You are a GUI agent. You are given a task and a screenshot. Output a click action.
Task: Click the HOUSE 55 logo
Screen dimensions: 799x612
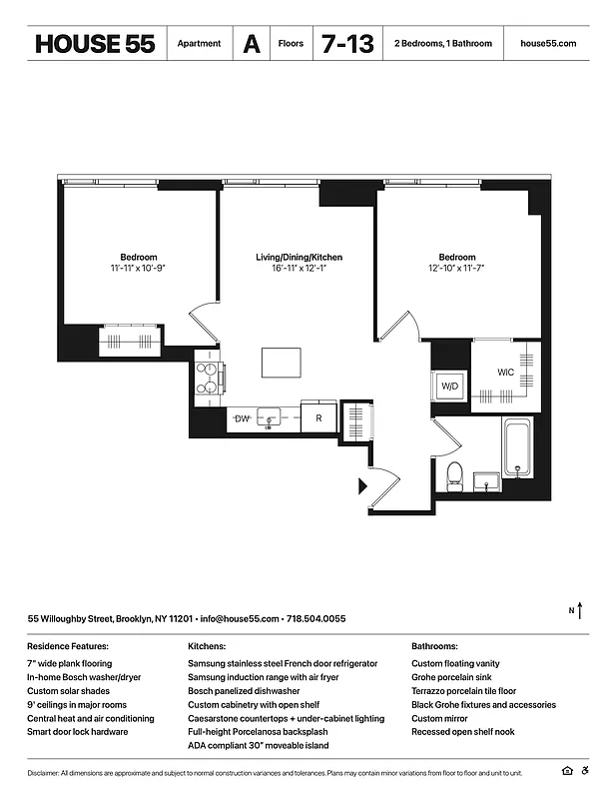(x=95, y=44)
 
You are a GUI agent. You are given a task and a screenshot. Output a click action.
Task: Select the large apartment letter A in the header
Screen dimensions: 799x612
(x=252, y=44)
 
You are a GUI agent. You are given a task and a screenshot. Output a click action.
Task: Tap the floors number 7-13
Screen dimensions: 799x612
(x=347, y=44)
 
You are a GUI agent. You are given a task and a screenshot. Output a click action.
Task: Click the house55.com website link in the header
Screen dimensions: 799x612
(x=548, y=44)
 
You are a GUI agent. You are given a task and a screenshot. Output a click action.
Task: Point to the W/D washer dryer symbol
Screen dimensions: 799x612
(x=449, y=387)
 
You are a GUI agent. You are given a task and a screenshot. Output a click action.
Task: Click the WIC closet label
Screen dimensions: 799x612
(x=506, y=374)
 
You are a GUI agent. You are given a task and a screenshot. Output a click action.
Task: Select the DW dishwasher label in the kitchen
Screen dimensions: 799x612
(x=242, y=419)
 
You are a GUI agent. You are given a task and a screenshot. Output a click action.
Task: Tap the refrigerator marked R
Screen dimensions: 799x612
(x=319, y=419)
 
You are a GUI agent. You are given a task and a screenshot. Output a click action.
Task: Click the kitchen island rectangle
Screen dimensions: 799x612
(x=282, y=362)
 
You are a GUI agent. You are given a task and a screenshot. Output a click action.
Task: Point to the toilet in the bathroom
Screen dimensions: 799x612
(x=453, y=473)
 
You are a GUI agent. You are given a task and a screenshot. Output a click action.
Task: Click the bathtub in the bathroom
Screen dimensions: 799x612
(x=517, y=446)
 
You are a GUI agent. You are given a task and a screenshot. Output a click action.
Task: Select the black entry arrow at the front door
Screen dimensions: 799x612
(x=363, y=486)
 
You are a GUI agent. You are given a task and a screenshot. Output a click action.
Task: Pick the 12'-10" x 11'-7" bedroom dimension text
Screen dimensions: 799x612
(x=457, y=269)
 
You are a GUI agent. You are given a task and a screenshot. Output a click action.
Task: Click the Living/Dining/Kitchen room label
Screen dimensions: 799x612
(x=299, y=258)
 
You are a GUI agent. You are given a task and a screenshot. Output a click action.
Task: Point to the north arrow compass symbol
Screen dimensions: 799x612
(x=582, y=609)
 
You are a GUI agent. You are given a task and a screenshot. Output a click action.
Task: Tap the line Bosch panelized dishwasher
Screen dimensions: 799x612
(x=244, y=691)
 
